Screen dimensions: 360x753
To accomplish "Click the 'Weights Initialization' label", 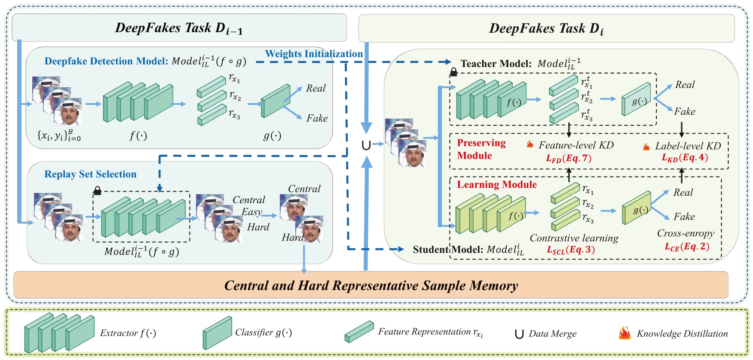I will coord(314,54).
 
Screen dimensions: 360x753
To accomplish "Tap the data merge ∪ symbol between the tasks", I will coord(366,145).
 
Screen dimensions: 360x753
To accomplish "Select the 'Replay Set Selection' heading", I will coord(90,174).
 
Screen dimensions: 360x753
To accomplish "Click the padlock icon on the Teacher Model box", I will coord(453,72).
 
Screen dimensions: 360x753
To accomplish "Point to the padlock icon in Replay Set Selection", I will coord(98,190).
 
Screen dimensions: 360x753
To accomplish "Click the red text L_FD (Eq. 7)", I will coord(569,159).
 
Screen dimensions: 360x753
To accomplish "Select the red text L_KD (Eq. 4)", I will coord(685,158).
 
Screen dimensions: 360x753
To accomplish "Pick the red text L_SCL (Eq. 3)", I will coord(570,250).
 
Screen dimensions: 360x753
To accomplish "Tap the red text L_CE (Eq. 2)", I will coord(687,247).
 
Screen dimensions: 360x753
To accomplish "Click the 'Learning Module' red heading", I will coord(496,185).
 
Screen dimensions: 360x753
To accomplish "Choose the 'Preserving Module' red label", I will coord(481,149).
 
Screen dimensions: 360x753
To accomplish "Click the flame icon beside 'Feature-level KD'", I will coord(530,144).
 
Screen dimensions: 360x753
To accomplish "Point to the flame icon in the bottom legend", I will coord(624,333).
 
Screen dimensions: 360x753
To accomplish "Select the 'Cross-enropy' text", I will coord(685,233).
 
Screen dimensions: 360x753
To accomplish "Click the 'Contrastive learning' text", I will coord(574,238).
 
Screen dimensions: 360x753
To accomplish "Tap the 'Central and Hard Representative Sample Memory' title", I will coord(371,286).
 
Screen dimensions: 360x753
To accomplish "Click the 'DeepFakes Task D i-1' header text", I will coord(179,28).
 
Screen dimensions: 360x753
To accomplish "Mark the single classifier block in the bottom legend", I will coord(217,333).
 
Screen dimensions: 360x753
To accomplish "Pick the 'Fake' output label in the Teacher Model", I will coord(684,112).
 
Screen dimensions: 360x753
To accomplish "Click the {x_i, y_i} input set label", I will coord(59,135).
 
